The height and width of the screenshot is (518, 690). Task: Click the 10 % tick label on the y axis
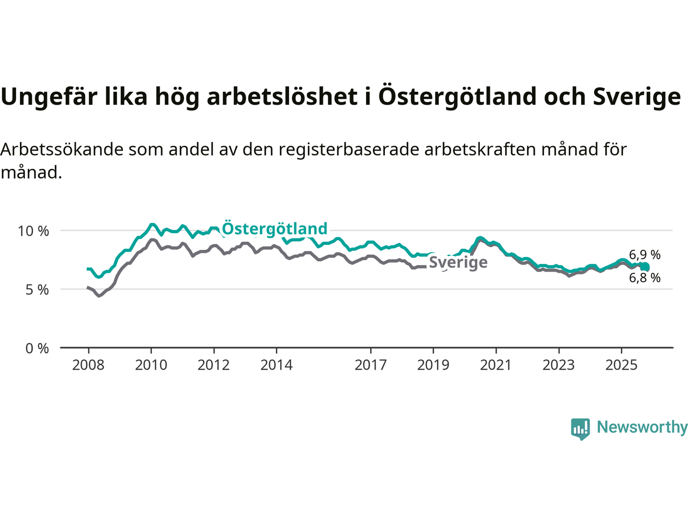click(x=33, y=231)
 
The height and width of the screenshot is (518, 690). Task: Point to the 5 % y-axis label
click(x=37, y=290)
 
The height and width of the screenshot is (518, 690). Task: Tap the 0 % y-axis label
click(x=37, y=349)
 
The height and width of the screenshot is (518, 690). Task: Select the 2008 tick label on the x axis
click(x=88, y=365)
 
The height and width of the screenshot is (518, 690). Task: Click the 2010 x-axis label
click(x=151, y=365)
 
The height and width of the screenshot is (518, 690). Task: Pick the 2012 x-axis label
click(x=213, y=365)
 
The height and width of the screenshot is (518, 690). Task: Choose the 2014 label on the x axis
click(x=277, y=365)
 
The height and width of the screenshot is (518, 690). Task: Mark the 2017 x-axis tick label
click(x=370, y=365)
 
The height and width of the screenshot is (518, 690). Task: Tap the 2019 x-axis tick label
click(x=433, y=365)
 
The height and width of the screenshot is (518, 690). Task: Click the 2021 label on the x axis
click(x=496, y=365)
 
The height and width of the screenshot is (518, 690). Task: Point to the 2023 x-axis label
click(x=558, y=365)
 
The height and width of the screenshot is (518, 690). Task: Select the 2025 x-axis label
click(x=621, y=365)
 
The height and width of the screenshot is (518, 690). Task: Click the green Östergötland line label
click(x=274, y=229)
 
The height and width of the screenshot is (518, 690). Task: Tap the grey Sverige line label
click(x=458, y=263)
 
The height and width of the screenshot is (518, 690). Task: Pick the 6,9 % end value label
click(x=645, y=255)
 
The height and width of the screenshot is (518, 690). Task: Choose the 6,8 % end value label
click(x=645, y=278)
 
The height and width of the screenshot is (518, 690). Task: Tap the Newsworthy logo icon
click(x=580, y=428)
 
